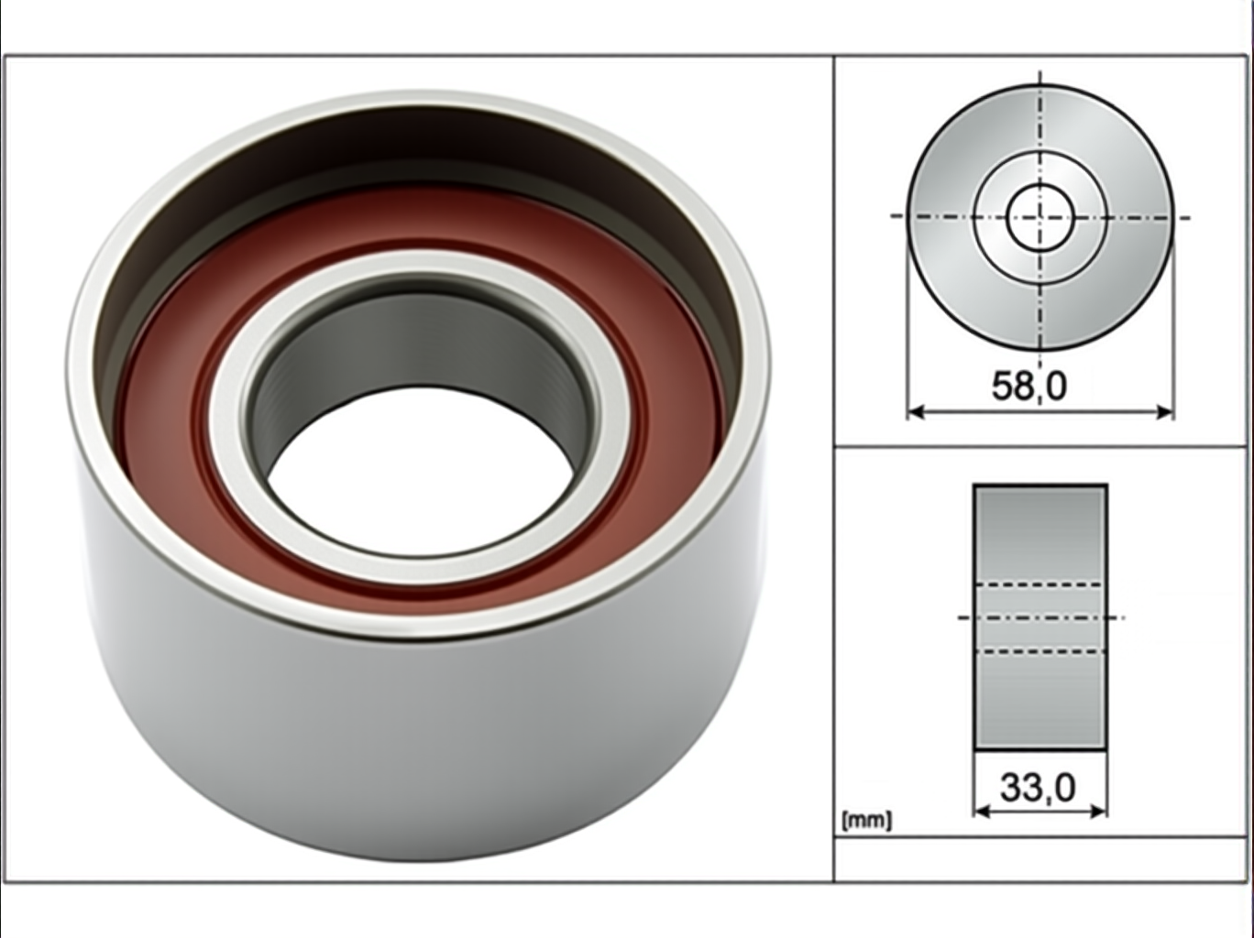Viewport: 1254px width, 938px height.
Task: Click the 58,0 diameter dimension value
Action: point(1028,387)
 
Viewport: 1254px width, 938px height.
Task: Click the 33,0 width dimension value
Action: point(1038,788)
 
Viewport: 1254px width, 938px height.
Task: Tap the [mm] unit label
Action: point(866,821)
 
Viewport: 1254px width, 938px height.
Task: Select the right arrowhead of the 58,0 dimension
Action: point(1164,411)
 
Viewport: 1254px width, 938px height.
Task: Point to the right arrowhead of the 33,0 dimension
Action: point(1098,811)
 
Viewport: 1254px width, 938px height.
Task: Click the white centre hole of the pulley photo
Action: point(420,474)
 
